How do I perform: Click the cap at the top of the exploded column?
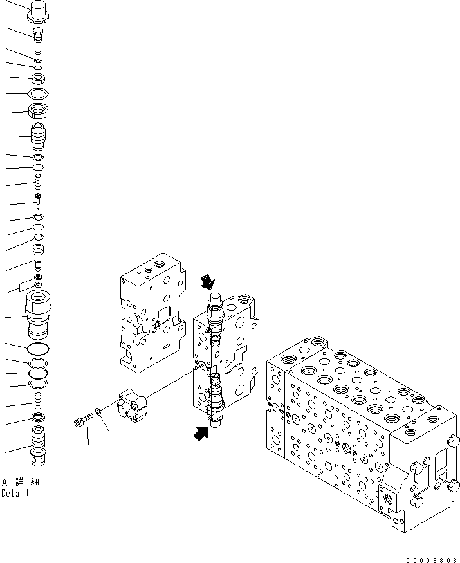tap(39, 11)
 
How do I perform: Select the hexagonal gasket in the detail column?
tap(39, 94)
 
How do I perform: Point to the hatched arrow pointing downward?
tap(208, 281)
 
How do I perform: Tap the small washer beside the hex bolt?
tap(97, 411)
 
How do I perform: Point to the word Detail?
tap(15, 494)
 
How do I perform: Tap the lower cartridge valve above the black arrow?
tap(216, 402)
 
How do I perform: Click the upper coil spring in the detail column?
tap(39, 182)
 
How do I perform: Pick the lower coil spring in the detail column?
tap(39, 403)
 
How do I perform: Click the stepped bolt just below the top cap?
tap(39, 37)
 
